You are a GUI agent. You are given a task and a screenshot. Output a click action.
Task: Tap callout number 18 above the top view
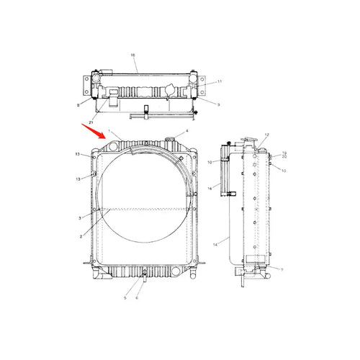132,55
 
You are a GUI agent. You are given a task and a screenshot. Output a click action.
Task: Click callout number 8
78,105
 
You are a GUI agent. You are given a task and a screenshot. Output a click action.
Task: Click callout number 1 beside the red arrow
109,132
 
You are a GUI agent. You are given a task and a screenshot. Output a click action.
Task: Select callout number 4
187,131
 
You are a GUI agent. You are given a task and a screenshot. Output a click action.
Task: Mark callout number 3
79,217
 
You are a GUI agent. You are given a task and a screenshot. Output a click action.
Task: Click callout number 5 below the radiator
125,298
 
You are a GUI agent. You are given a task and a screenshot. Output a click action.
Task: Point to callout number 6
137,298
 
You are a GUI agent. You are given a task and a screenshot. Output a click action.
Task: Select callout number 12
266,135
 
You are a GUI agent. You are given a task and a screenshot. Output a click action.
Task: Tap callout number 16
210,187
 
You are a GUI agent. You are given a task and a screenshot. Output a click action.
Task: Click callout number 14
215,245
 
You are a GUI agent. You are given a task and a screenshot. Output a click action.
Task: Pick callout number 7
282,270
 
